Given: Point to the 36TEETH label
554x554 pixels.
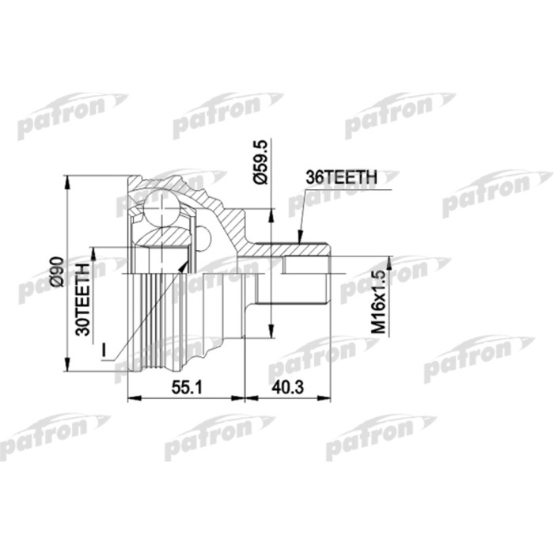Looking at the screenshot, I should click(340, 180).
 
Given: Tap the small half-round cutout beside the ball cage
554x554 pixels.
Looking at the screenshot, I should click(203, 237).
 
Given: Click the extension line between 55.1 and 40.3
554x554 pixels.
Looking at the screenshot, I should click(245, 372).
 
